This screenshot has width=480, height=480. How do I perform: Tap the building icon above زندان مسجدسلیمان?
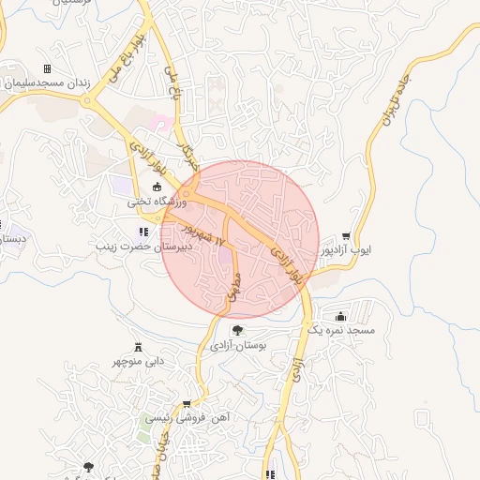[47, 69]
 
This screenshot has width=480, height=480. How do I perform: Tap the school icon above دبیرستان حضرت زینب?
[143, 232]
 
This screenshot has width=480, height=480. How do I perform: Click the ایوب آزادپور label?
[347, 250]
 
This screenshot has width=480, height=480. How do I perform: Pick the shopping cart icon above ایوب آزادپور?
[347, 236]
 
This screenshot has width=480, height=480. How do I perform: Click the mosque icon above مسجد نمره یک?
[338, 316]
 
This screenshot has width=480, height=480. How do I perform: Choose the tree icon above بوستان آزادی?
[237, 330]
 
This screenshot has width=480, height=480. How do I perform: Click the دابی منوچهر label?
[139, 360]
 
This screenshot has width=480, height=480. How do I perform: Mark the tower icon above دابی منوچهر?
[139, 346]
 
